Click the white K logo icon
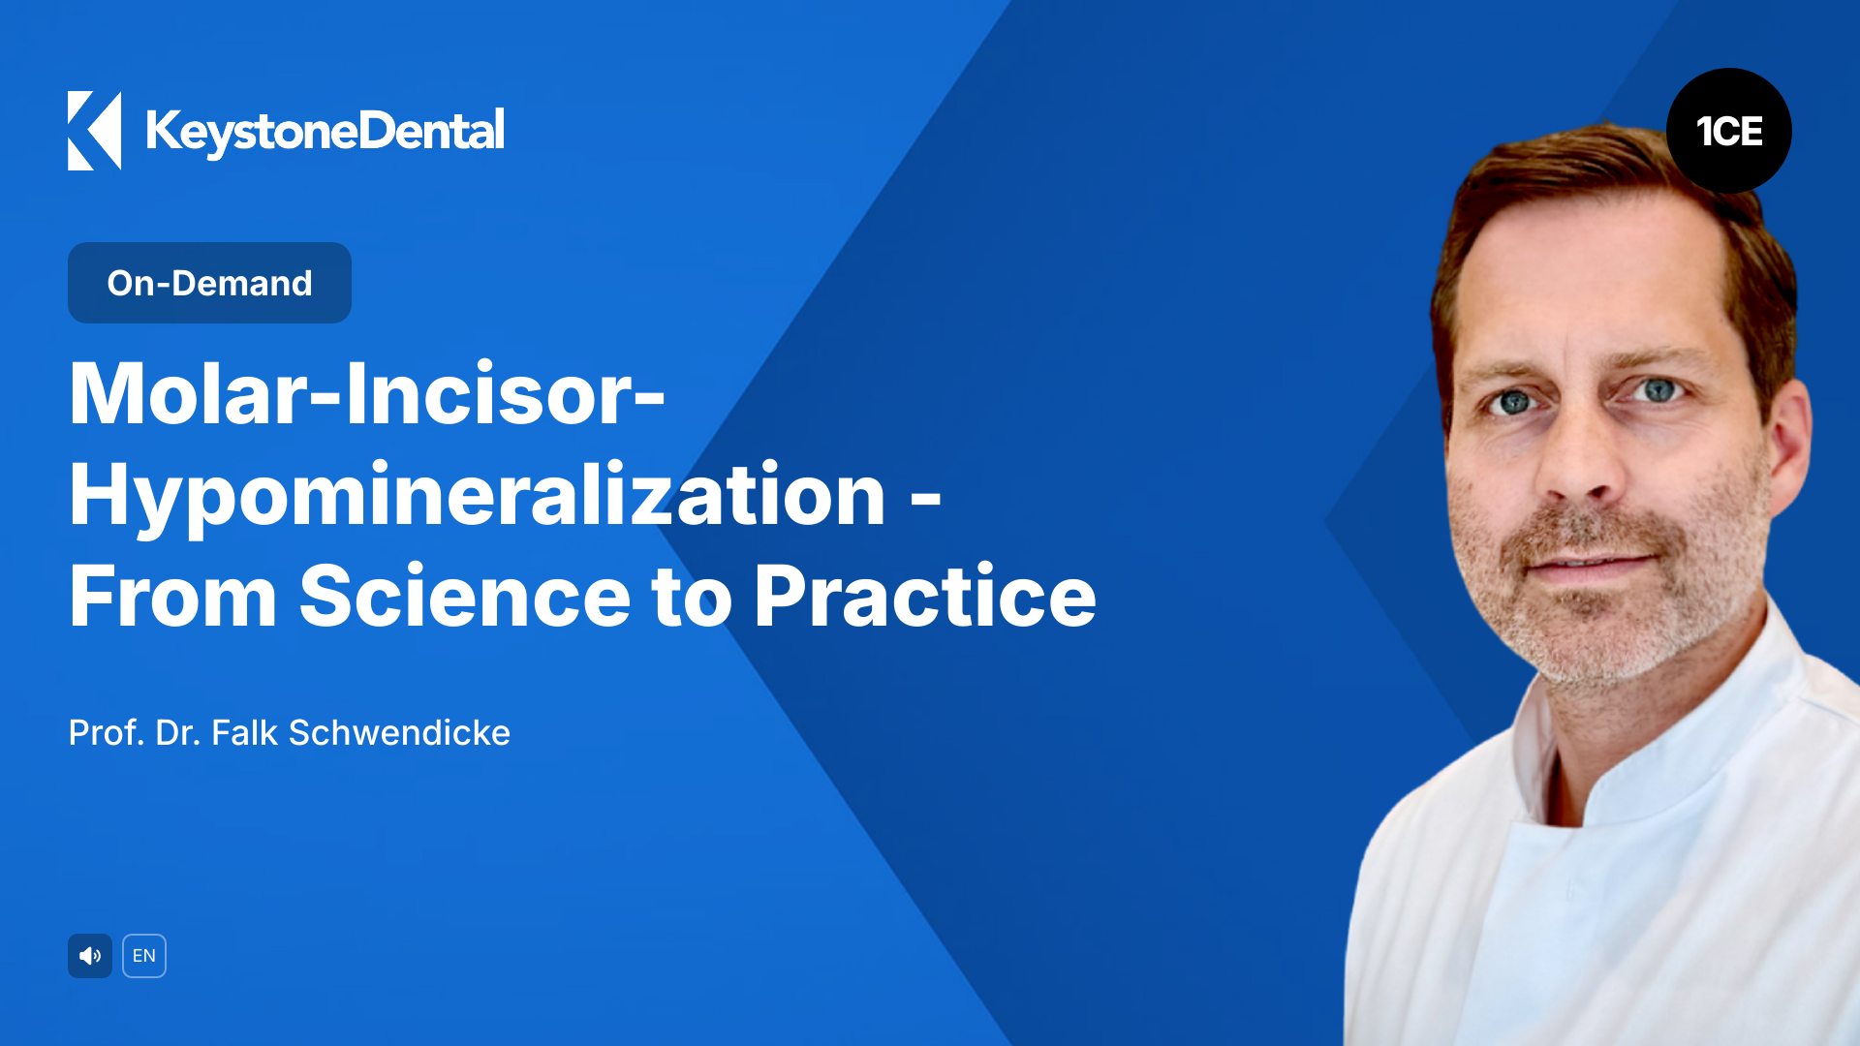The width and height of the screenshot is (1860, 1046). click(94, 131)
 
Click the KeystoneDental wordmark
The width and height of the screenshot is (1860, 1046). click(325, 132)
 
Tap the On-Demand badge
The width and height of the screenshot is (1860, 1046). click(209, 283)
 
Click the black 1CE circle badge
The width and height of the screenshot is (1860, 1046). click(1728, 131)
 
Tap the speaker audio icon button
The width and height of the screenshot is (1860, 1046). click(90, 956)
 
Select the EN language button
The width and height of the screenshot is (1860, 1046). click(144, 956)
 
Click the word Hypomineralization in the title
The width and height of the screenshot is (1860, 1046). click(477, 496)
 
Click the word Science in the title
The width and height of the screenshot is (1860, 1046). click(465, 597)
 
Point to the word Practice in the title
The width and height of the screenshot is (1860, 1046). click(924, 597)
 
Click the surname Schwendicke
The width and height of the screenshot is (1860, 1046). click(399, 733)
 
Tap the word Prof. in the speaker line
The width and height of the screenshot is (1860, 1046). click(107, 733)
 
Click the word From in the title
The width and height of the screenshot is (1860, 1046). click(172, 597)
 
